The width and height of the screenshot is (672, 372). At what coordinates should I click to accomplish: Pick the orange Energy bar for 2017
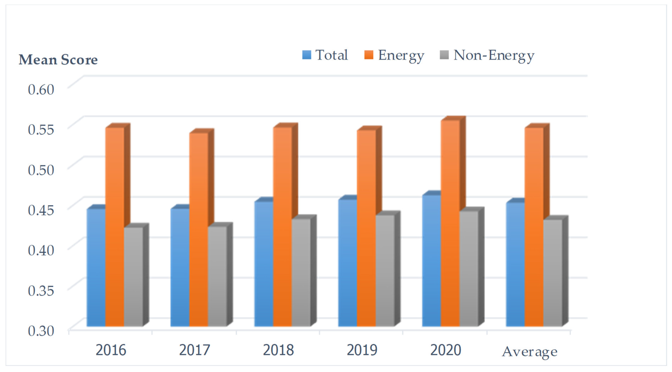tap(199, 229)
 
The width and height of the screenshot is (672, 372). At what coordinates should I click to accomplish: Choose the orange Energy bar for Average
tap(534, 227)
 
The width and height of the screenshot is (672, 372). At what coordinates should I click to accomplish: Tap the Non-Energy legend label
tap(494, 56)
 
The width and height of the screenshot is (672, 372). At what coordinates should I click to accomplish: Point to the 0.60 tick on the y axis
tap(41, 89)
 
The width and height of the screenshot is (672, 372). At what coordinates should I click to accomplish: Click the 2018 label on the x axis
tap(278, 350)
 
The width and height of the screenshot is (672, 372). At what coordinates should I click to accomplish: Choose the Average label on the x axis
tap(530, 352)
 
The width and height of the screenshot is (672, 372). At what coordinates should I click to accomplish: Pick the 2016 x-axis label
tap(111, 350)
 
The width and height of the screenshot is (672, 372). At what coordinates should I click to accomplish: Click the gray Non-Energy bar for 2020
tap(469, 269)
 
